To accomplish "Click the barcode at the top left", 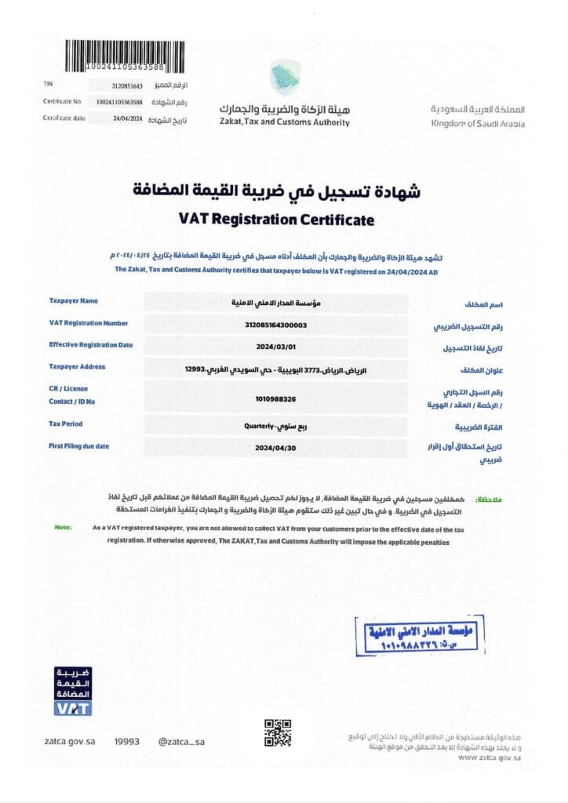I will click(126, 56).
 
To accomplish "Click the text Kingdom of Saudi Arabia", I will click(478, 124).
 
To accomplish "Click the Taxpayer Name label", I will click(74, 300).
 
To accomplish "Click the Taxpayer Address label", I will click(77, 366).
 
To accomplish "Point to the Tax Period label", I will click(66, 423).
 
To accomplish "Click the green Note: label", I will click(63, 527).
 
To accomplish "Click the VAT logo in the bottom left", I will click(73, 691).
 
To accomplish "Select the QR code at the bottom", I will click(278, 733).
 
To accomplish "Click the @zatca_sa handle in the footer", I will click(180, 741).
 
